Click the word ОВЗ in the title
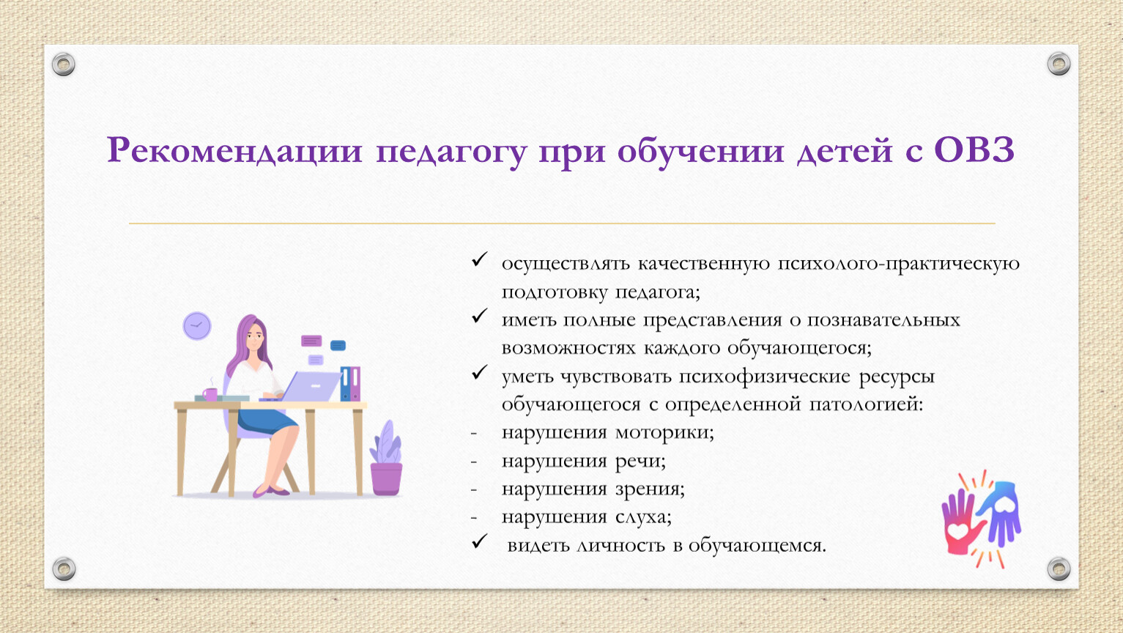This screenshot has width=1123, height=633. click(974, 150)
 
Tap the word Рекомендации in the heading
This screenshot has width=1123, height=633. click(234, 150)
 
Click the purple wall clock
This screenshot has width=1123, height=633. click(197, 326)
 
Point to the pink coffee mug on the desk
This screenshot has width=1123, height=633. click(210, 394)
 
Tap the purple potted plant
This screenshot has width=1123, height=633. click(386, 458)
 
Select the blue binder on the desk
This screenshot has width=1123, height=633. click(345, 384)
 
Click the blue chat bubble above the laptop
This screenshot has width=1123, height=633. click(338, 346)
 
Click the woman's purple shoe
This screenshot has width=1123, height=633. click(271, 491)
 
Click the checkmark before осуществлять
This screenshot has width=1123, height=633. click(479, 259)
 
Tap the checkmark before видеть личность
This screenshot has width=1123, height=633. click(479, 541)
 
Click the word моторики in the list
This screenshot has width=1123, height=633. click(664, 432)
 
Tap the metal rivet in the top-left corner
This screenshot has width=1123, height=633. click(64, 64)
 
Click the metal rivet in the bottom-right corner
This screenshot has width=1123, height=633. click(1059, 569)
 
